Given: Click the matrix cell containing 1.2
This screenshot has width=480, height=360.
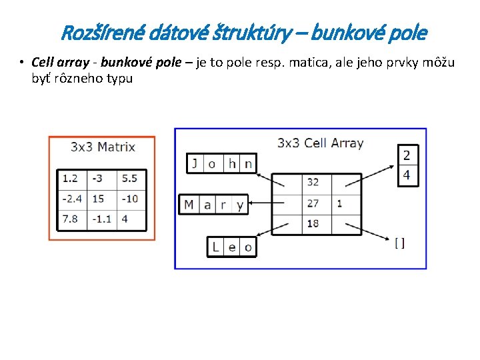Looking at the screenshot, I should pyautogui.click(x=71, y=179).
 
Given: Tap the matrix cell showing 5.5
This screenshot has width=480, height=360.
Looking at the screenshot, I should pyautogui.click(x=131, y=179).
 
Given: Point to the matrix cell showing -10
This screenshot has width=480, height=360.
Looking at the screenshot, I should pyautogui.click(x=131, y=199).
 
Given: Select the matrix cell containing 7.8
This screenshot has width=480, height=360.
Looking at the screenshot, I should pyautogui.click(x=71, y=219).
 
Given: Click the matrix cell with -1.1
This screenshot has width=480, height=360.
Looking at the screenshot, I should pyautogui.click(x=101, y=219).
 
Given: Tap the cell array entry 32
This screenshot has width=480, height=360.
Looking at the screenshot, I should pyautogui.click(x=313, y=182).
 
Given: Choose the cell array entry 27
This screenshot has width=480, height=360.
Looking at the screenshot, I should pyautogui.click(x=313, y=203).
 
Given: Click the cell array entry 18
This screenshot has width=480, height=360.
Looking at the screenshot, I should pyautogui.click(x=313, y=224).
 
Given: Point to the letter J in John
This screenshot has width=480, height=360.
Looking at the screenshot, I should pyautogui.click(x=195, y=163).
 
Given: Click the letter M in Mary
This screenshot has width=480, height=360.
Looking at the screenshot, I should pyautogui.click(x=189, y=204).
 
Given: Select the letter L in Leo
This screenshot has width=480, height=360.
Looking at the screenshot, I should pyautogui.click(x=215, y=247).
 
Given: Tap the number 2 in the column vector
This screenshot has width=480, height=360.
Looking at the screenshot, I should pyautogui.click(x=407, y=155).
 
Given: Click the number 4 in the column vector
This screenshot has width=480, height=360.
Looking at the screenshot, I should pyautogui.click(x=407, y=176).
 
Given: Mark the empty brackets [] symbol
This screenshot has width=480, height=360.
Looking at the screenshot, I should pyautogui.click(x=399, y=243).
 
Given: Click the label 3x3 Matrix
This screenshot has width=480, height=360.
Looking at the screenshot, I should pyautogui.click(x=103, y=147).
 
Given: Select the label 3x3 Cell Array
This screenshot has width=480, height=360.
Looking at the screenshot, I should pyautogui.click(x=320, y=143).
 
